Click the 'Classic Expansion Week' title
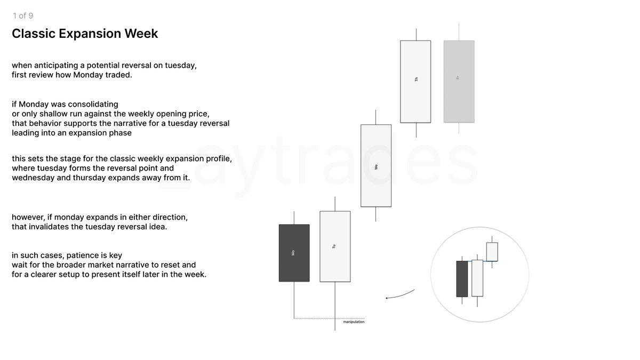pyautogui.click(x=85, y=34)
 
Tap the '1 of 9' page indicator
pyautogui.click(x=23, y=16)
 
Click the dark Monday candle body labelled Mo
pyautogui.click(x=294, y=253)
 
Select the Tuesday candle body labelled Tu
pyautogui.click(x=335, y=246)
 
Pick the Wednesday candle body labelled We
pyautogui.click(x=376, y=165)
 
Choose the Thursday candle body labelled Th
pyautogui.click(x=415, y=81)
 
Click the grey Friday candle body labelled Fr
pyautogui.click(x=459, y=81)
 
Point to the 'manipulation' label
pyautogui.click(x=354, y=322)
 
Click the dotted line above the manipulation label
pyautogui.click(x=329, y=318)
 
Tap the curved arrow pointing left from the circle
pyautogui.click(x=399, y=295)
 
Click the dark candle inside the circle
pyautogui.click(x=462, y=278)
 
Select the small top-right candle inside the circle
pyautogui.click(x=492, y=252)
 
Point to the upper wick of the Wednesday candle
pyautogui.click(x=376, y=117)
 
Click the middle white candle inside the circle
pyautogui.click(x=477, y=278)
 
